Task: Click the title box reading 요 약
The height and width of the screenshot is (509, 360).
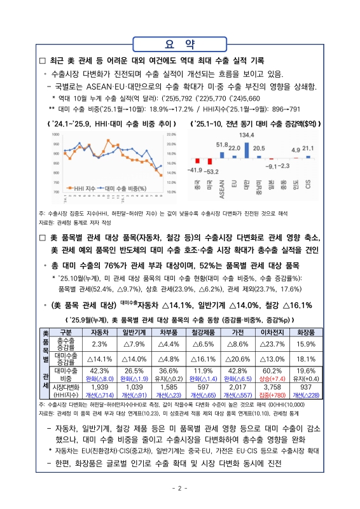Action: pyautogui.click(x=179, y=43)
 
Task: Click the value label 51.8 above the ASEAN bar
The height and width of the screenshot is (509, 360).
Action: pyautogui.click(x=221, y=145)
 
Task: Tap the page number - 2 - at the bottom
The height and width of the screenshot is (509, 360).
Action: pyautogui.click(x=179, y=488)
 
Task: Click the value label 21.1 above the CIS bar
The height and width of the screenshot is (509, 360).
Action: pyautogui.click(x=308, y=149)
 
